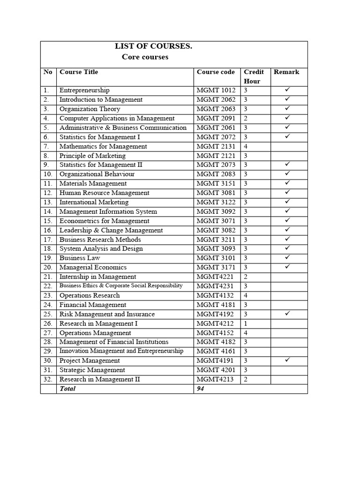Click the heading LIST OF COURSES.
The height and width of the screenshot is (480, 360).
154,46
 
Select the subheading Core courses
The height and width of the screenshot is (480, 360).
145,57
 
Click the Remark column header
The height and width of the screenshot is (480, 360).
286,72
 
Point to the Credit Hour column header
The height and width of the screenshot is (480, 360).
254,76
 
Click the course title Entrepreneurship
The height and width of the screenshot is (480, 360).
84,90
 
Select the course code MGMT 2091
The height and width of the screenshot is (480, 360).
216,119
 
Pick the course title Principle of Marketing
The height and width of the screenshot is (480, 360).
92,156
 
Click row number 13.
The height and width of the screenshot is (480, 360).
47,202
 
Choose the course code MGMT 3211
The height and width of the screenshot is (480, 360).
216,240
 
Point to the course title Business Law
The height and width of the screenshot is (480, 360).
80,258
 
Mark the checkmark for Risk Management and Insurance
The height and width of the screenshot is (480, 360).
288,314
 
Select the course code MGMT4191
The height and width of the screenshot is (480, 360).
214,360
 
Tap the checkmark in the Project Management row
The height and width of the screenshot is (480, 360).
288,360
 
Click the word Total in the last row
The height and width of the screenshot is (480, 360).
67,389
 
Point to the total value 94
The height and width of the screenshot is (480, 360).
201,389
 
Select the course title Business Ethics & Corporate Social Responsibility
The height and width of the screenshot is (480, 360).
121,286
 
